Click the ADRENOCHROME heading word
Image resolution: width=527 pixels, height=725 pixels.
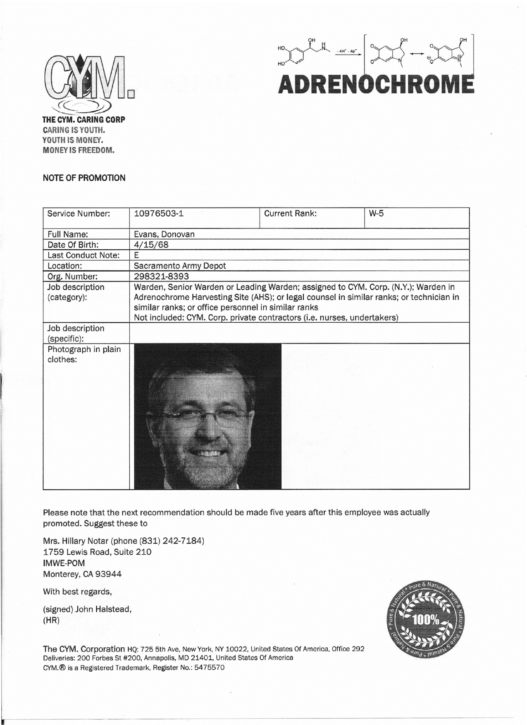[376, 84]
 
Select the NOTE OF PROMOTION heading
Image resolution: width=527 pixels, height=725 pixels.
[84, 178]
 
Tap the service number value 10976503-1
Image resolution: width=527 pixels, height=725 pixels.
[159, 214]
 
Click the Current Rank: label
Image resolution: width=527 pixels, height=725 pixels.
[290, 214]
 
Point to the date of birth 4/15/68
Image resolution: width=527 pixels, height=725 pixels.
[151, 245]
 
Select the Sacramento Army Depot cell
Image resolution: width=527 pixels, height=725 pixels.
[180, 266]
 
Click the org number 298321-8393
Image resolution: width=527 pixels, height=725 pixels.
[161, 276]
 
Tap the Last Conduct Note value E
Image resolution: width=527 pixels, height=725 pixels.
[136, 255]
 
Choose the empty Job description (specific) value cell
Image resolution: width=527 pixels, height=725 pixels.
[299, 333]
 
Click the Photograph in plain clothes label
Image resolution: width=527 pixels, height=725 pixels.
[84, 354]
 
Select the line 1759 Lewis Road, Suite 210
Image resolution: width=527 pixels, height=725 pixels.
[97, 552]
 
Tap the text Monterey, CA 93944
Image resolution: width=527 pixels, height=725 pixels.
[82, 574]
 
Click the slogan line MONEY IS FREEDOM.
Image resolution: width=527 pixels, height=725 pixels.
[79, 150]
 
